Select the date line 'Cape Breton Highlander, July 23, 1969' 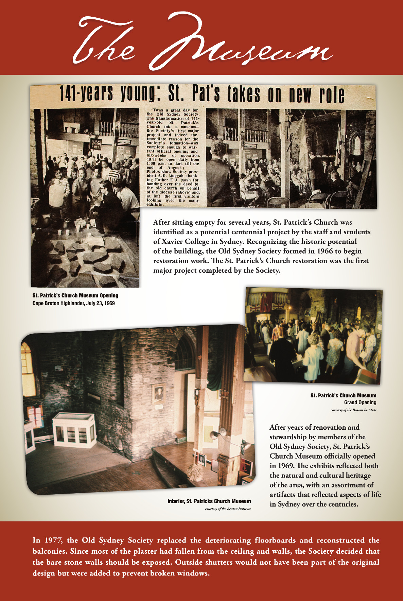(73, 303)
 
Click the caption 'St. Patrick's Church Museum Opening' (75, 296)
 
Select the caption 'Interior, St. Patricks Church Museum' (209, 501)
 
